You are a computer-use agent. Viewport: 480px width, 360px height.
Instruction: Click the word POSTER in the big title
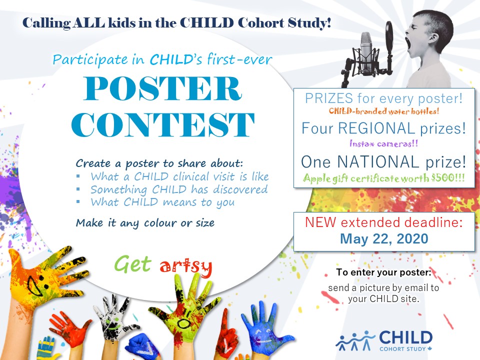[162, 88]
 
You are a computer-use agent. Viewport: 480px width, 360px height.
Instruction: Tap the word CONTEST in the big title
[163, 124]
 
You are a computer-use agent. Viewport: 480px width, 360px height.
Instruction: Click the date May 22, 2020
[384, 239]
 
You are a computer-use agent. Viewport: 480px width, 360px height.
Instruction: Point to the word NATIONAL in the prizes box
[378, 162]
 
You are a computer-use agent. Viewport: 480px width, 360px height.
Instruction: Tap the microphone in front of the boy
[365, 52]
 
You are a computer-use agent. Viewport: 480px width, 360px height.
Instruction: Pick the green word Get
[133, 264]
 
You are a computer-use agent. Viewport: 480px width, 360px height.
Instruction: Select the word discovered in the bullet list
[240, 189]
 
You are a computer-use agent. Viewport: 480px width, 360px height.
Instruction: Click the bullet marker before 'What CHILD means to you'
[78, 201]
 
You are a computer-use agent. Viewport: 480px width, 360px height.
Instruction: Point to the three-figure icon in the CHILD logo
[355, 340]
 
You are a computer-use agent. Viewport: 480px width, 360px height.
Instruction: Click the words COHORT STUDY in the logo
[402, 349]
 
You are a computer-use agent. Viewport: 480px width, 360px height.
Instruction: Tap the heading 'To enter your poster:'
[383, 272]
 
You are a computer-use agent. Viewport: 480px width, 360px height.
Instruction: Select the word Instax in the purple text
[362, 143]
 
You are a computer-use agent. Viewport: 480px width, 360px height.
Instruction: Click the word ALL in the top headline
[89, 23]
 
